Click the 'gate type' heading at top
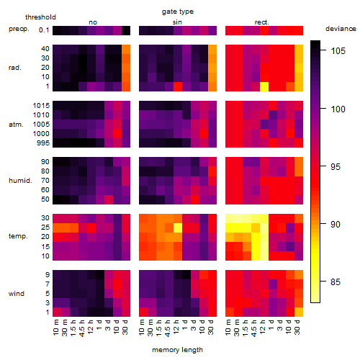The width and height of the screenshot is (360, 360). click(x=178, y=12)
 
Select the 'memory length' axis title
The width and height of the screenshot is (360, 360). click(x=177, y=350)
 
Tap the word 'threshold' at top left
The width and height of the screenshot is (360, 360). click(x=40, y=17)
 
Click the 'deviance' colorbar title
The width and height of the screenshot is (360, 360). click(x=341, y=29)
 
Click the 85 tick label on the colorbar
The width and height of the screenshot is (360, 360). click(x=336, y=282)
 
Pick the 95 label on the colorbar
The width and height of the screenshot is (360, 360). click(x=336, y=167)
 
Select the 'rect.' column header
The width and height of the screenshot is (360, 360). click(x=261, y=22)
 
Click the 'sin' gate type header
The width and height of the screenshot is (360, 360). click(x=177, y=22)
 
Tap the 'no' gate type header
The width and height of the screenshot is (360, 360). click(x=93, y=22)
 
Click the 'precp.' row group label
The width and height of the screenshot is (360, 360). click(x=19, y=29)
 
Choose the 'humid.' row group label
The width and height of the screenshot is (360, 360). click(x=20, y=181)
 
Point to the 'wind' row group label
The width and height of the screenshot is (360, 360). click(x=17, y=294)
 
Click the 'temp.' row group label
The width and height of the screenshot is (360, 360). click(x=18, y=236)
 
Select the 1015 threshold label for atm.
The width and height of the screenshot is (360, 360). click(x=41, y=105)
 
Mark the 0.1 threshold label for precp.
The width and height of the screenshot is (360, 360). click(x=44, y=30)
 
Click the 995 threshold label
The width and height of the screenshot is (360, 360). click(x=43, y=143)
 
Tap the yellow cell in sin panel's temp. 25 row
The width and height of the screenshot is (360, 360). click(x=178, y=228)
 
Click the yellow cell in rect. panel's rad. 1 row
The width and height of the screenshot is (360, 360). click(x=264, y=86)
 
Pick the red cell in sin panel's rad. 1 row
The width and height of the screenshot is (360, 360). click(x=178, y=86)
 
